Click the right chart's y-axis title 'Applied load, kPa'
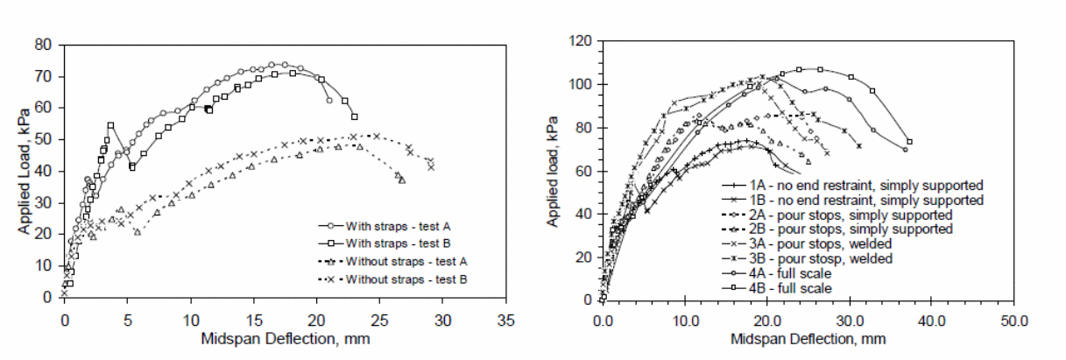click(x=554, y=171)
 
